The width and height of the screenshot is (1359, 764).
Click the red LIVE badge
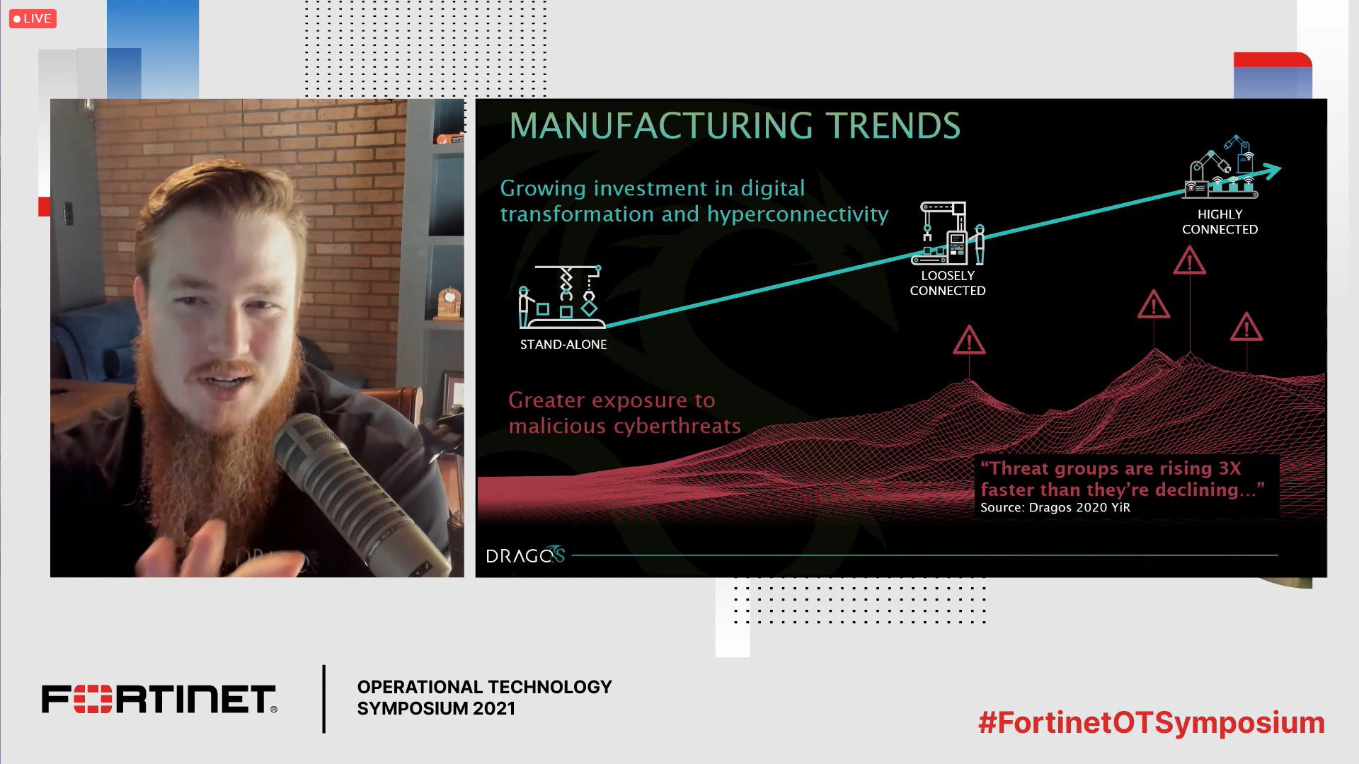tap(33, 18)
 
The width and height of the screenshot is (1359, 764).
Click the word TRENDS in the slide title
tap(894, 126)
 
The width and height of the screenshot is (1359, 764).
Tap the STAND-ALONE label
tap(563, 345)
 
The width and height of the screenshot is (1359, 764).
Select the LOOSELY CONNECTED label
tap(948, 283)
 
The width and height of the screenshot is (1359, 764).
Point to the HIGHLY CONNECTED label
tap(1220, 221)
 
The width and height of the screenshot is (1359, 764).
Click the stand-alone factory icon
tap(562, 297)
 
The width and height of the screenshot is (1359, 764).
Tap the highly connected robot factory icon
tap(1221, 167)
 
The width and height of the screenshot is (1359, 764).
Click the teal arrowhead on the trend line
tap(1271, 170)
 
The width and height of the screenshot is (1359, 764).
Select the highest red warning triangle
tap(1189, 261)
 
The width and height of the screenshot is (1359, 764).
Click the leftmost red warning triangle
tap(969, 340)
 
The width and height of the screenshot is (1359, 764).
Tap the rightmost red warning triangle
tap(1246, 328)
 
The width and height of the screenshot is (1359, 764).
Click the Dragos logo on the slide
tap(525, 555)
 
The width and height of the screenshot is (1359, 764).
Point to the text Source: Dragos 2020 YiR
tap(1055, 507)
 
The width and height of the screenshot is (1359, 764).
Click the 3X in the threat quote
tap(1229, 468)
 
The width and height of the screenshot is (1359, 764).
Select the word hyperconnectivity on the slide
tap(798, 215)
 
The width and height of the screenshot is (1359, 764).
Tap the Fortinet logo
tap(159, 699)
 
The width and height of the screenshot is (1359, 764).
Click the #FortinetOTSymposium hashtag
tap(1152, 723)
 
